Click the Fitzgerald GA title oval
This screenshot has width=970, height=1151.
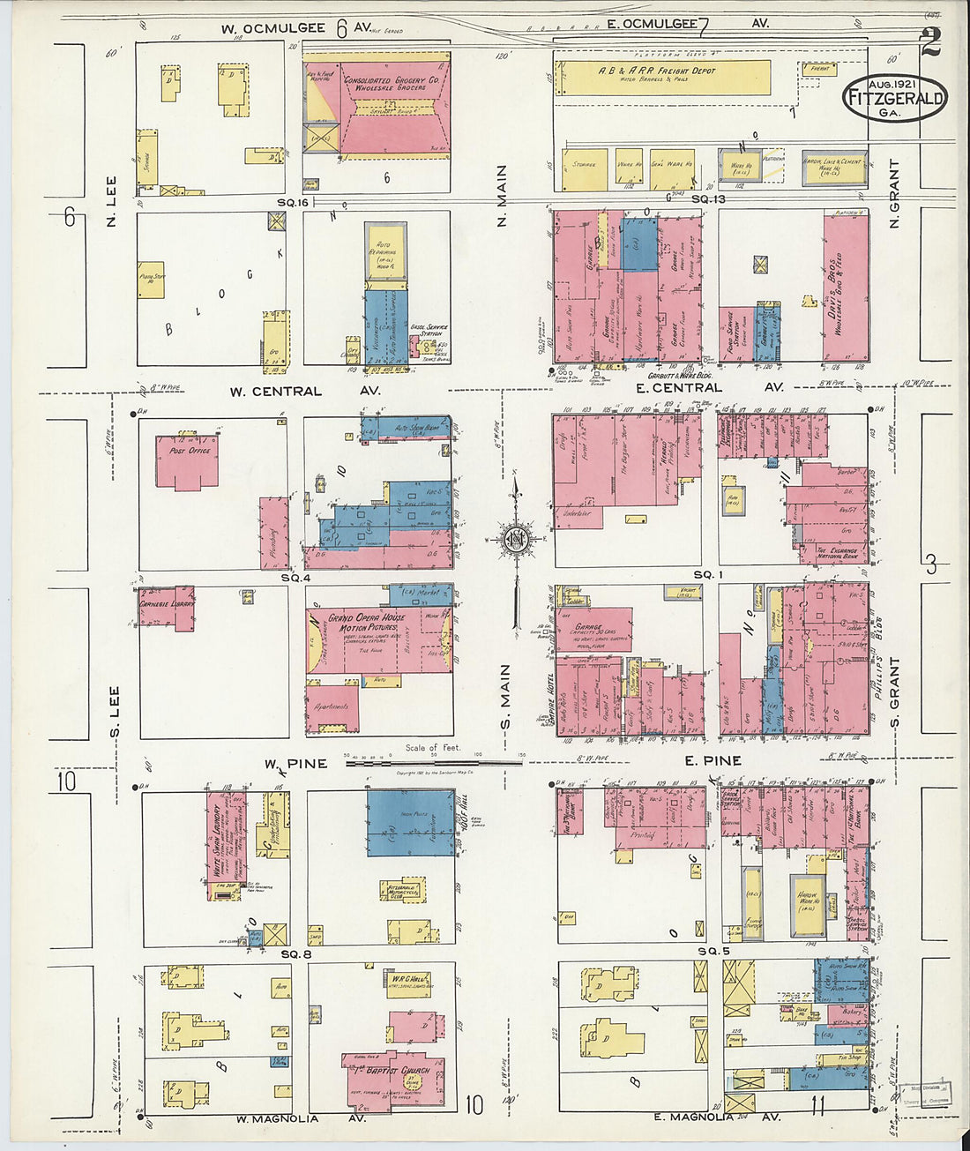[895, 98]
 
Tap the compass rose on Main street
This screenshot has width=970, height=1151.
[515, 539]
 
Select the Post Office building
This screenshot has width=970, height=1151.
[187, 460]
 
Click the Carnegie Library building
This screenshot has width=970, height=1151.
[168, 608]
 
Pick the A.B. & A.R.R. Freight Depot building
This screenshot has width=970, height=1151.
[661, 77]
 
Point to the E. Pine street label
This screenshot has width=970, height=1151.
[712, 760]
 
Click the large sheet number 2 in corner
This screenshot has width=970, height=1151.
[930, 42]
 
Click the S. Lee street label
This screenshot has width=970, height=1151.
[115, 712]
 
